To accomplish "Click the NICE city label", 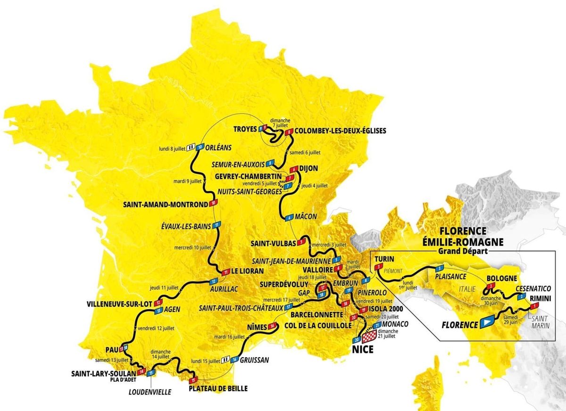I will [x=362, y=349].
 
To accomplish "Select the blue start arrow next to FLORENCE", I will [x=487, y=323].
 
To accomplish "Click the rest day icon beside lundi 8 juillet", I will [x=191, y=147].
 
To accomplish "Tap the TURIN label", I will [x=384, y=259].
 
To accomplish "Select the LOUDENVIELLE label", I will [x=150, y=391].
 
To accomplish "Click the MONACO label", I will [x=395, y=324].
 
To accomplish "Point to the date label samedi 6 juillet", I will [x=304, y=152].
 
